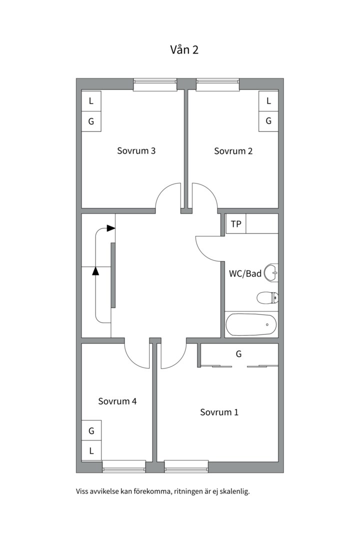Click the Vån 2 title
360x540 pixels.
(x=184, y=50)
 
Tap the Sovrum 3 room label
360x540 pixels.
(x=136, y=151)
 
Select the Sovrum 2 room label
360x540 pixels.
(x=233, y=151)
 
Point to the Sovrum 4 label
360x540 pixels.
(x=117, y=401)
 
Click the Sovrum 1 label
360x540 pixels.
(x=219, y=412)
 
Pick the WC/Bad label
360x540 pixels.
(x=245, y=274)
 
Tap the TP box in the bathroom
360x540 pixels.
(x=236, y=224)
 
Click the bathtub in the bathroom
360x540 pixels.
(x=251, y=324)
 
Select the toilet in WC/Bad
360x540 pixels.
(x=267, y=297)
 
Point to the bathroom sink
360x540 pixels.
(x=271, y=274)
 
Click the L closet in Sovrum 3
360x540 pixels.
(x=91, y=101)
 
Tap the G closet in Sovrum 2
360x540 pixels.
(x=268, y=121)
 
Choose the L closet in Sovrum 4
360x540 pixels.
(x=91, y=451)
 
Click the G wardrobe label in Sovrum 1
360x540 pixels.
(x=238, y=354)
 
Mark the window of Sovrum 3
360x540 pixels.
(x=155, y=84)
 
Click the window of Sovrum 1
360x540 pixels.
(x=186, y=466)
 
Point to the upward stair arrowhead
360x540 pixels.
(x=95, y=271)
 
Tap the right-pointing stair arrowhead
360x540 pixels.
(x=111, y=228)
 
